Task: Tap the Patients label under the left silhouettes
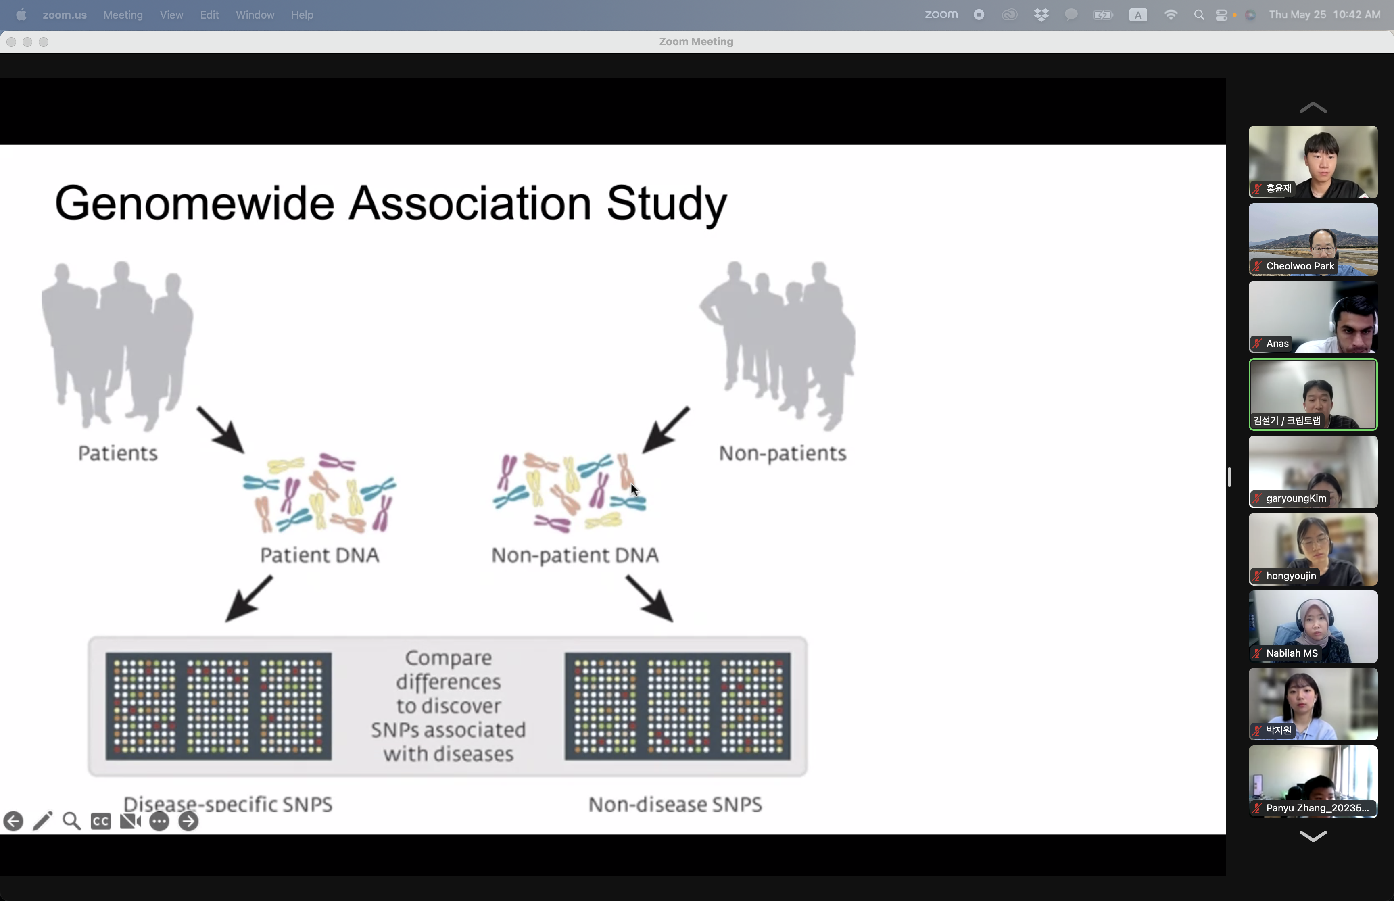pos(118,453)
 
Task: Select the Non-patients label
pos(782,453)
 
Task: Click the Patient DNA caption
pos(319,555)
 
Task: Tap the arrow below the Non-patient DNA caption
pos(649,598)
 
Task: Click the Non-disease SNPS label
pos(675,805)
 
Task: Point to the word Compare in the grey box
pos(449,659)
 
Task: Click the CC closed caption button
pos(100,822)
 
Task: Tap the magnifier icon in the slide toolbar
pos(71,822)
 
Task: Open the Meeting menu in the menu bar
pos(123,15)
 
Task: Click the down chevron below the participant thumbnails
pos(1313,836)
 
